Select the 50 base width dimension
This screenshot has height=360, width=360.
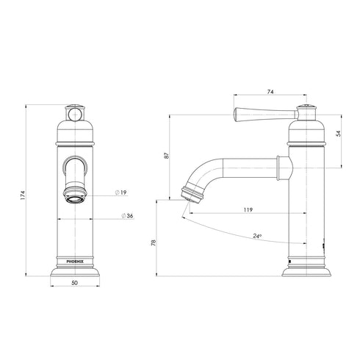pos(76,283)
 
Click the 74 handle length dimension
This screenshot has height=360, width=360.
pos(270,92)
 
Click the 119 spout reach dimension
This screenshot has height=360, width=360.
pos(248,211)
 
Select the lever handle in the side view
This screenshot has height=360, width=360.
pos(257,113)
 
